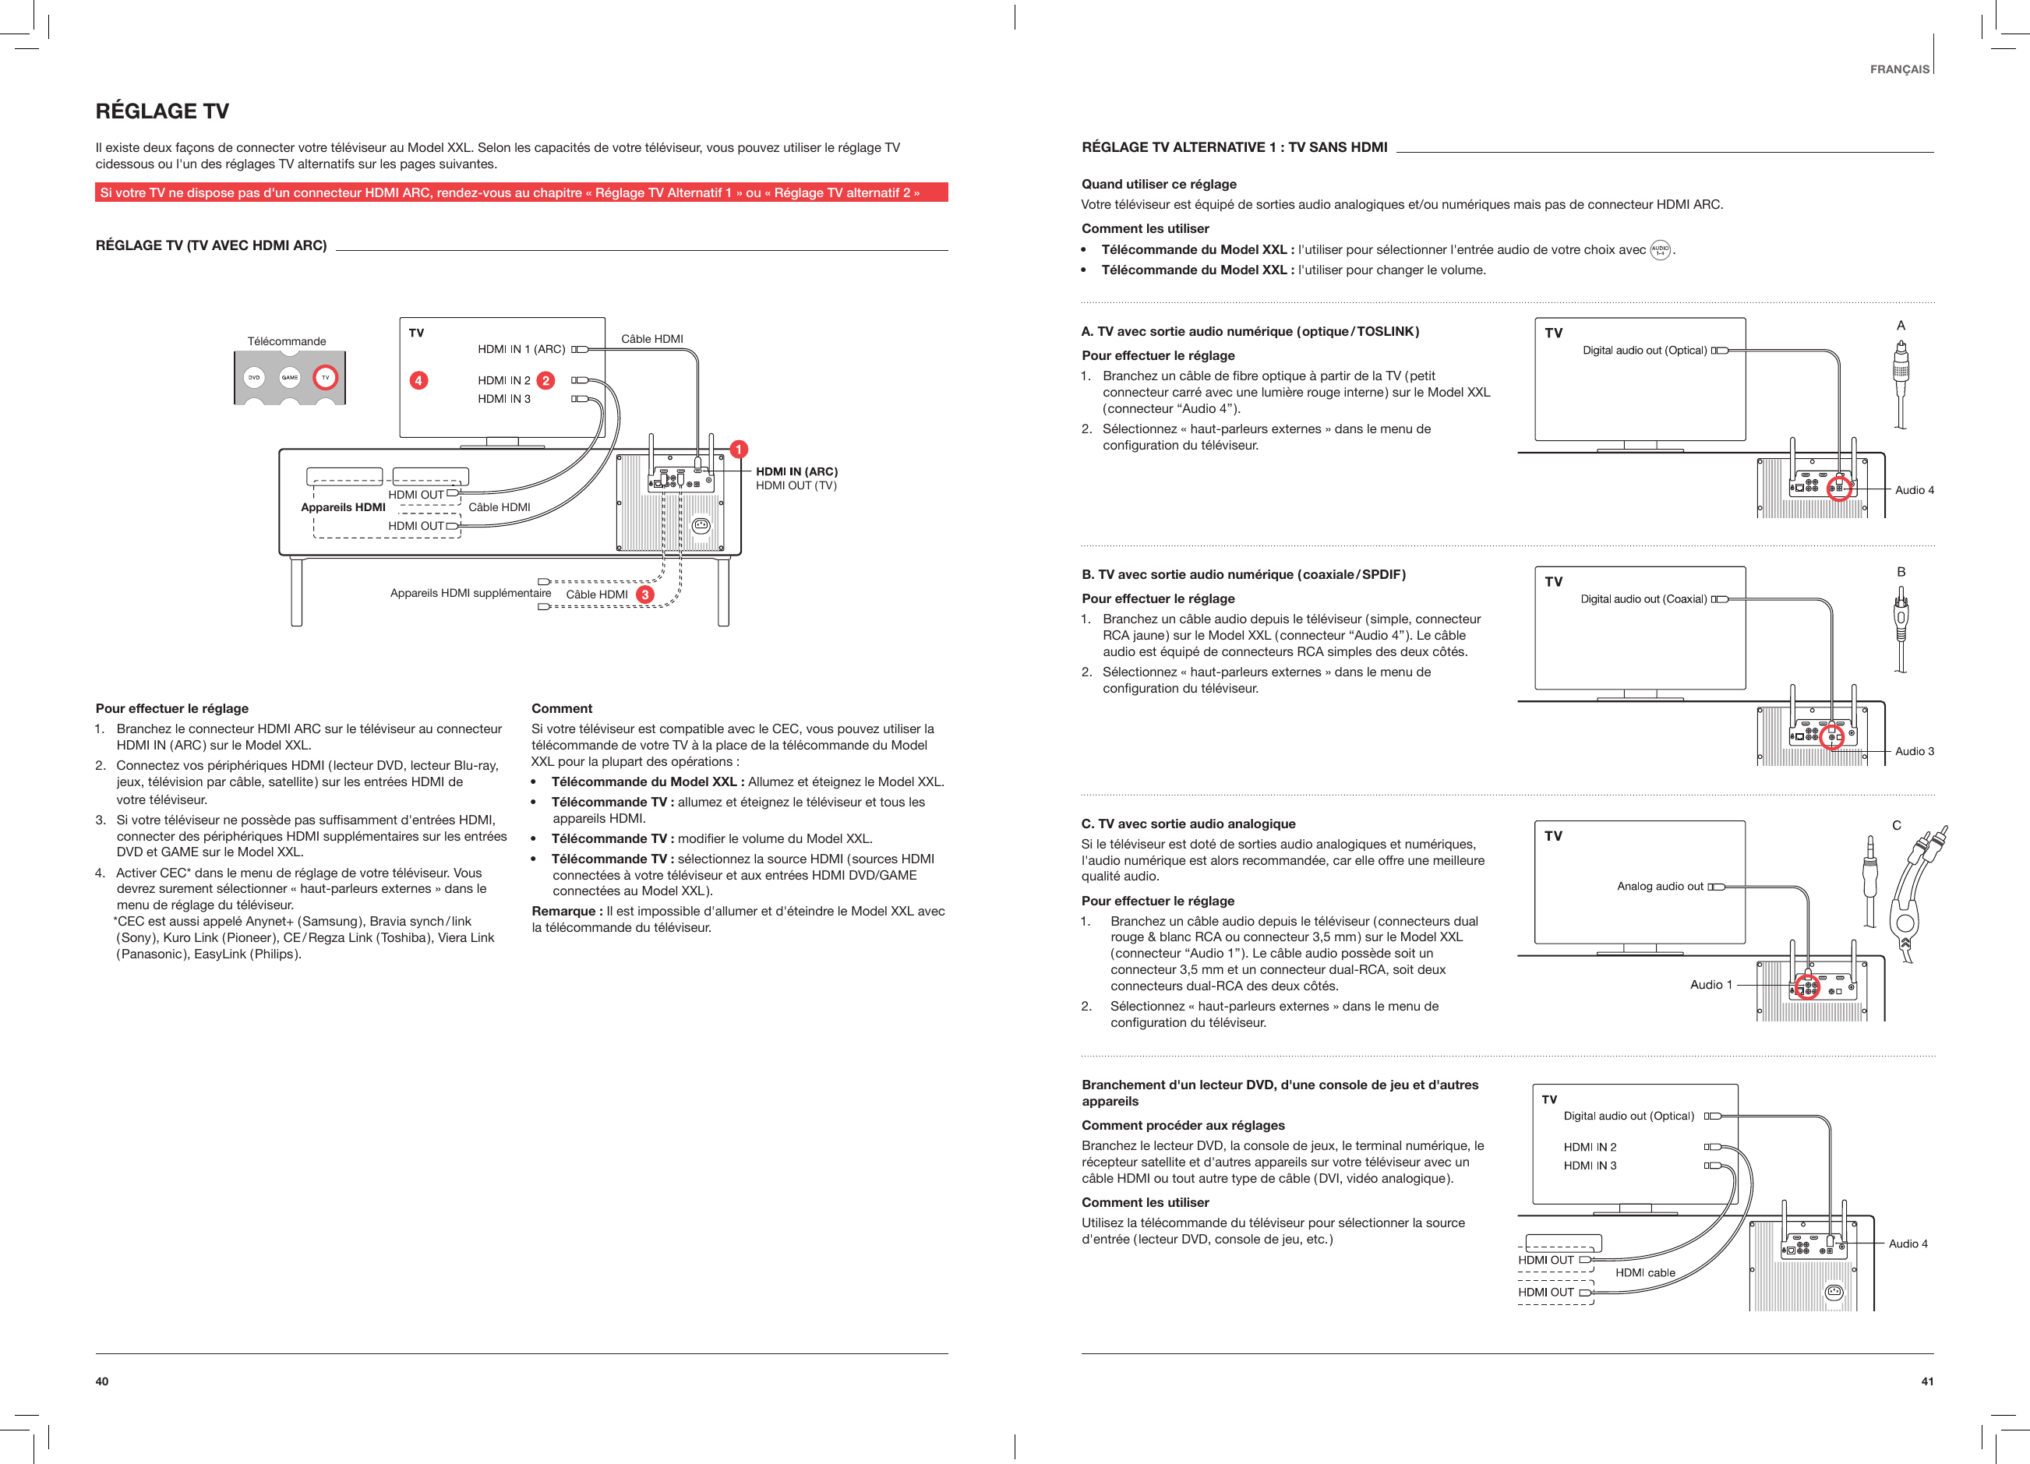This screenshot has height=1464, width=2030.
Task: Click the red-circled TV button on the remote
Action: tap(325, 378)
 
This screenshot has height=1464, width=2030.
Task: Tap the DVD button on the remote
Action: tap(254, 378)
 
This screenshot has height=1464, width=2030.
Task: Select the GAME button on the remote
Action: tap(290, 378)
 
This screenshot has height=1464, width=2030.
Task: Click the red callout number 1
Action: tap(739, 450)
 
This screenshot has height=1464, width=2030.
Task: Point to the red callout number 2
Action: tap(545, 380)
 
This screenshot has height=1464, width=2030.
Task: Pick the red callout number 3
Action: tap(644, 594)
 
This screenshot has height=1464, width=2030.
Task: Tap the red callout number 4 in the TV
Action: tap(418, 380)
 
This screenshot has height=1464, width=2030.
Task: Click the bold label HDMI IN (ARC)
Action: tap(796, 471)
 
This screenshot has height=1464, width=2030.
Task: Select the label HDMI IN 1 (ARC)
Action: tap(521, 349)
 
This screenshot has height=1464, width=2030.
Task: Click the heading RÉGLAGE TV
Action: tap(162, 111)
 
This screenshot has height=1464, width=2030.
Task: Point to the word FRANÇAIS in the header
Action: tap(1899, 69)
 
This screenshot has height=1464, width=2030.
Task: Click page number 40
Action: tap(102, 1381)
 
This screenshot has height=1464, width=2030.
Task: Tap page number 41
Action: tap(1927, 1381)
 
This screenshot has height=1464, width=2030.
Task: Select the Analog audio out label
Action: tap(1659, 886)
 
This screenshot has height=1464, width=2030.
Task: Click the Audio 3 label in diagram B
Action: tap(1915, 751)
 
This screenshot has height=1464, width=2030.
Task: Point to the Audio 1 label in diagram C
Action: tap(1710, 984)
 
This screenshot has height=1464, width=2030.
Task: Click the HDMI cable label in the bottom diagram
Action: tap(1645, 1272)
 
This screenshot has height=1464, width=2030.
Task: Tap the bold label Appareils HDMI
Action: tap(343, 507)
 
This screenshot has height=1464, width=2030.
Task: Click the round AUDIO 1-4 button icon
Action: tap(1661, 249)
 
